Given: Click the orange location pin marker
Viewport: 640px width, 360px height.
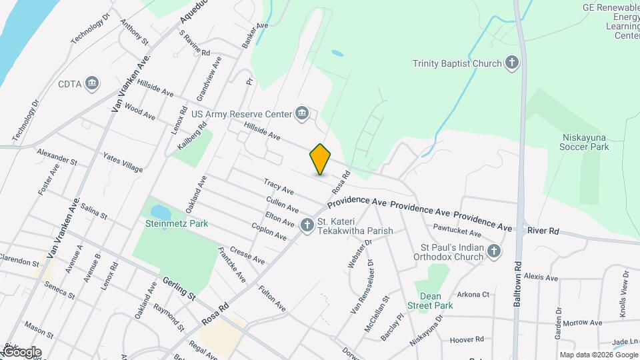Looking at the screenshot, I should tap(320, 159).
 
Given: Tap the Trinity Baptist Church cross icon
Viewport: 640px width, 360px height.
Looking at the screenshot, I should tap(512, 63).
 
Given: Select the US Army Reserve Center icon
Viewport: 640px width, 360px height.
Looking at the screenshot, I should tap(302, 113).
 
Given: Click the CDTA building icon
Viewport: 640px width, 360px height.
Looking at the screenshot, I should tap(93, 84).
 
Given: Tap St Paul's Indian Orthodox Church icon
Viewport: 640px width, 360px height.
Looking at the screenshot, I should tap(493, 251).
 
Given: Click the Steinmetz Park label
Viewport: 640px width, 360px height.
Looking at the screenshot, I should tap(174, 223).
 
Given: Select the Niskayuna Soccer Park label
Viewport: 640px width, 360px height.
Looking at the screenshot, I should tap(585, 142).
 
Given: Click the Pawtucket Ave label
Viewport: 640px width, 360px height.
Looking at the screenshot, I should tap(457, 233).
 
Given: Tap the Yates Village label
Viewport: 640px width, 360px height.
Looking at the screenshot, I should tap(123, 162).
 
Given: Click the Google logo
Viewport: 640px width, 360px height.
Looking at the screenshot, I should tap(21, 351).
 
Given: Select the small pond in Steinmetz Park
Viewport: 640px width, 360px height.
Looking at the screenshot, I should tap(160, 212).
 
